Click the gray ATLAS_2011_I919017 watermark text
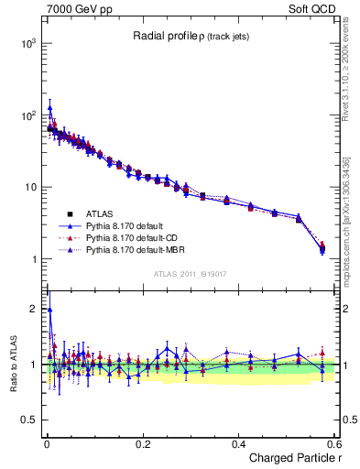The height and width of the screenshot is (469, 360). (189, 272)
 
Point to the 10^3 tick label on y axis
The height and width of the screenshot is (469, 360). (26, 44)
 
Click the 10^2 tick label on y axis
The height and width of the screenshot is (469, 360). (26, 115)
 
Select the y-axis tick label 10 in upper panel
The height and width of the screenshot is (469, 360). (28, 188)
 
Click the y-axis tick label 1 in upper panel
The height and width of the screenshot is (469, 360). (32, 259)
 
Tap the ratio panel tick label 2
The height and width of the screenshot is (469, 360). (33, 309)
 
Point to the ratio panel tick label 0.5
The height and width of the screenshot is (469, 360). (28, 420)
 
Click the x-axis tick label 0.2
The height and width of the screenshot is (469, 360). (142, 444)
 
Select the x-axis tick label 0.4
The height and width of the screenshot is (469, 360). (238, 444)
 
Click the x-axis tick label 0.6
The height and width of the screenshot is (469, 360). (333, 444)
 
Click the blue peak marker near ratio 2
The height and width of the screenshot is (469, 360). (49, 309)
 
